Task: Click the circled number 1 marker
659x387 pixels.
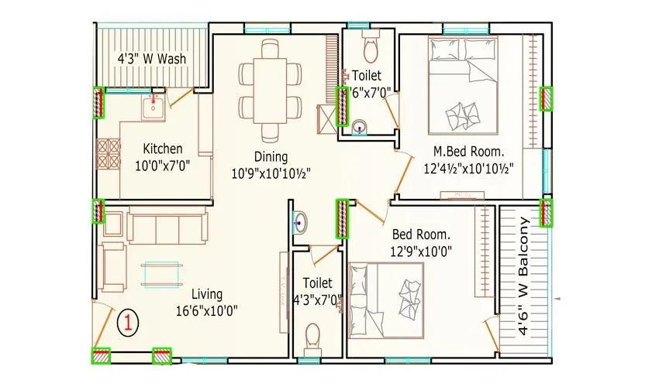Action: coord(129,323)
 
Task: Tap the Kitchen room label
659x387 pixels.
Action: coord(163,149)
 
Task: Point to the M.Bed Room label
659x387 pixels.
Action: coord(468,151)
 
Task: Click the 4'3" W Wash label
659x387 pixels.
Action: coord(152,58)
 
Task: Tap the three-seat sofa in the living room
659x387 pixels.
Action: coord(168,227)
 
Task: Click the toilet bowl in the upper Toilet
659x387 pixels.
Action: coord(370,50)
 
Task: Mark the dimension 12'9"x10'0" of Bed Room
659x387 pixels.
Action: coord(422,251)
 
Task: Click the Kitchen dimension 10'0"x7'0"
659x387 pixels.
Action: coord(163,165)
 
